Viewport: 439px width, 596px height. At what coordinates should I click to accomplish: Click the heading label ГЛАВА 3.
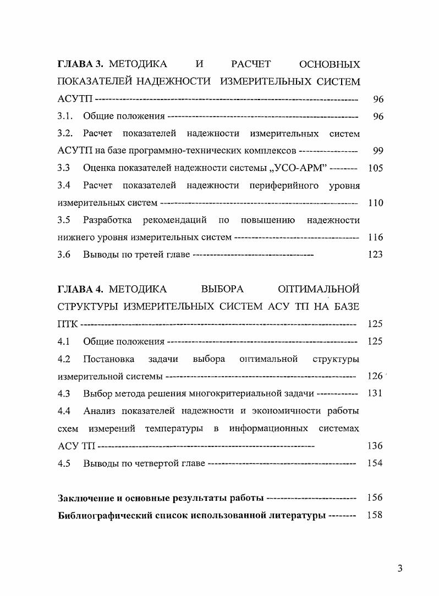point(80,65)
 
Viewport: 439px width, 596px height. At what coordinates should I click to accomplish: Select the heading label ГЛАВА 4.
point(80,289)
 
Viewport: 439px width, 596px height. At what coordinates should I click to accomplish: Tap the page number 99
point(377,151)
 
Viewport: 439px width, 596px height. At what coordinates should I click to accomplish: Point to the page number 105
point(375,168)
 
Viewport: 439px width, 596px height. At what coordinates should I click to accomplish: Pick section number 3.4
point(64,185)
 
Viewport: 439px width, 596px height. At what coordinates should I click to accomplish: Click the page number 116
point(375,238)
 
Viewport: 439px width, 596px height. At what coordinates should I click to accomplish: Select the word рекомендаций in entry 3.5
point(174,220)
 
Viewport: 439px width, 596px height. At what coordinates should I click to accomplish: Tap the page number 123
point(375,255)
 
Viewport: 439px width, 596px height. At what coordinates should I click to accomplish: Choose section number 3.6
point(64,255)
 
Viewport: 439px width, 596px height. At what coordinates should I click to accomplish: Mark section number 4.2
point(64,359)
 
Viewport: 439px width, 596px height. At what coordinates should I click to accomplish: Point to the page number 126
point(375,377)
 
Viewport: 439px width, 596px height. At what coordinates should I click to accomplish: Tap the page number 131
point(375,394)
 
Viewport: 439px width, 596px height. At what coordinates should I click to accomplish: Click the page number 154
point(375,463)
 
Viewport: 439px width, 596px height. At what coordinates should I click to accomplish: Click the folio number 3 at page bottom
point(400,569)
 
